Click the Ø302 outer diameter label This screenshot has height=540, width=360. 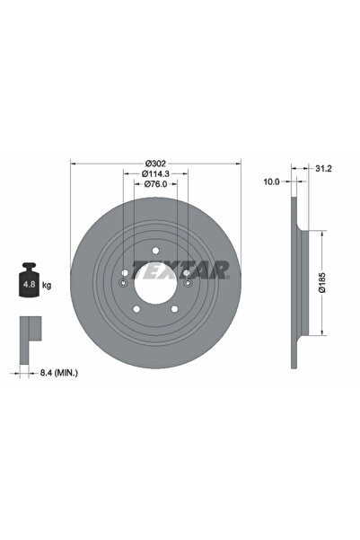(x=155, y=164)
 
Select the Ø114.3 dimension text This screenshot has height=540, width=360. (x=155, y=173)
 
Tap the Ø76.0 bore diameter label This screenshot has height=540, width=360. (x=155, y=184)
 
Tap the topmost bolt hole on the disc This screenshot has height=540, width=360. (x=155, y=250)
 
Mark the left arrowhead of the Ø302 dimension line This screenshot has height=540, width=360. (x=74, y=164)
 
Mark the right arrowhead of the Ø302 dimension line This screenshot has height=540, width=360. (x=238, y=164)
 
